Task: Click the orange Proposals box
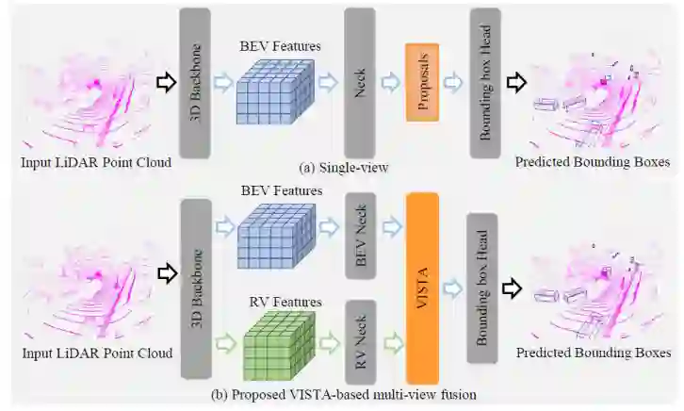coord(423,81)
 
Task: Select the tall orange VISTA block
coord(422,273)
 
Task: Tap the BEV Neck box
coord(361,234)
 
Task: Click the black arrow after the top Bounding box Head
coord(517,83)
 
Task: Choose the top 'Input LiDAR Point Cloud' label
coord(96,162)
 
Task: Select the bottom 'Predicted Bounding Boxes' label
coord(593,353)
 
